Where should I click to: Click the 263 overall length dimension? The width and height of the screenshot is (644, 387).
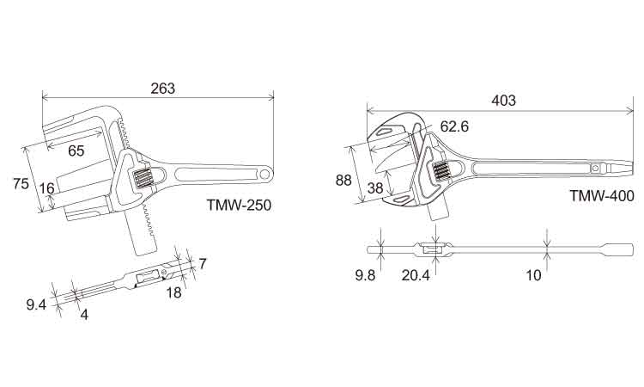tap(162, 88)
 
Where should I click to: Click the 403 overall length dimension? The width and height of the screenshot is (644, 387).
tap(503, 101)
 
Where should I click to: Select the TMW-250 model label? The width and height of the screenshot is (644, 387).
tap(239, 205)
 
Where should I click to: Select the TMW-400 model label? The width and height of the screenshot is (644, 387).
tap(602, 196)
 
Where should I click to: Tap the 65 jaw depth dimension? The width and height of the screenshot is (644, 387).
tap(76, 150)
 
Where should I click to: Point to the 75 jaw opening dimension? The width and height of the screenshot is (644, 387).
tap(21, 183)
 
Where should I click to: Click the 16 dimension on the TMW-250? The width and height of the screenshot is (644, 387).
tap(47, 188)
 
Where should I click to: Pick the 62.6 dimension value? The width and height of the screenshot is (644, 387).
tap(454, 126)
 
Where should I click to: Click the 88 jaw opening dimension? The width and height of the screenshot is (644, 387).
tap(343, 180)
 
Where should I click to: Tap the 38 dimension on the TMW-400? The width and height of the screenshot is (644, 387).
tap(375, 188)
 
